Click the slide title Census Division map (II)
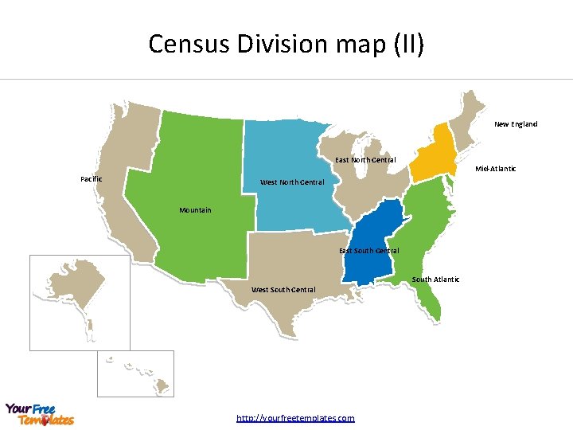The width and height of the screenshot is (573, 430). click(286, 43)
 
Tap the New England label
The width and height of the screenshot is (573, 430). click(516, 124)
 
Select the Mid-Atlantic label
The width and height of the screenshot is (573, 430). click(495, 169)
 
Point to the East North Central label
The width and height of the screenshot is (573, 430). click(365, 161)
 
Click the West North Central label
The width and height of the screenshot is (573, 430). click(293, 182)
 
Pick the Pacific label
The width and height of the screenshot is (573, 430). click(92, 179)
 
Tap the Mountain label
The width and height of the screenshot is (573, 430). click(195, 210)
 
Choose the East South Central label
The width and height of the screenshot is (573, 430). click(369, 251)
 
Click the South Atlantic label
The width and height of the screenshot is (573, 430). click(435, 279)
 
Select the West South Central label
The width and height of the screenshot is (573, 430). click(283, 289)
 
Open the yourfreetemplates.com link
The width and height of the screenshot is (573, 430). click(296, 418)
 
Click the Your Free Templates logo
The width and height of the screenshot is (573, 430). click(40, 414)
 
